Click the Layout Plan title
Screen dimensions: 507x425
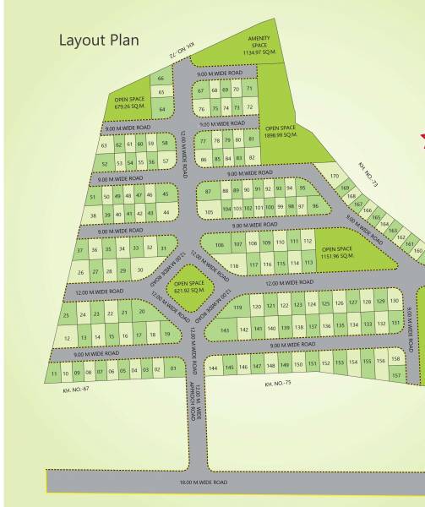pos(98,40)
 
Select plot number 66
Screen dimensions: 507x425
pos(161,79)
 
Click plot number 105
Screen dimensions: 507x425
pos(209,207)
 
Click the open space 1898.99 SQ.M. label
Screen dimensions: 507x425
pos(281,132)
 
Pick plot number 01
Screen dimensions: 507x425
pos(172,369)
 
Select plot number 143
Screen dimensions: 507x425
pos(225,330)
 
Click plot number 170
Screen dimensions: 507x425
pos(335,176)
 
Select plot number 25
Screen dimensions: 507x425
pos(66,315)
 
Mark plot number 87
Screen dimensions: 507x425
pos(209,191)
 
